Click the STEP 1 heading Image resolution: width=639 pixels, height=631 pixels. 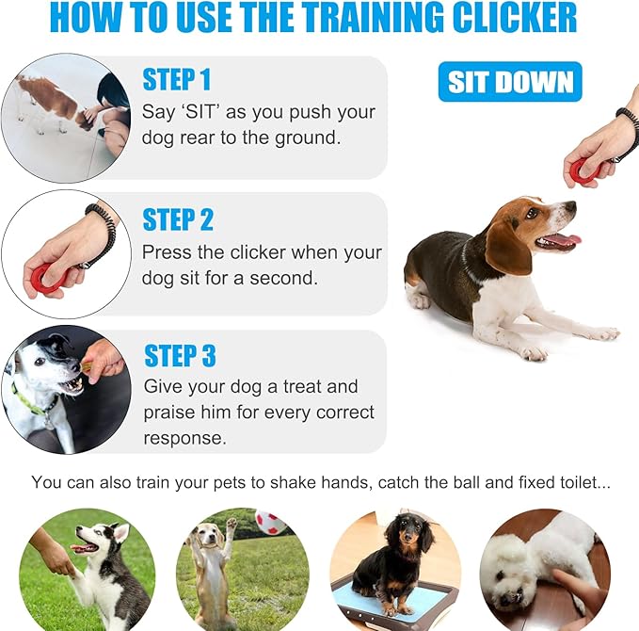pos(176,79)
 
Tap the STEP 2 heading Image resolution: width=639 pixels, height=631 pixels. pos(178,219)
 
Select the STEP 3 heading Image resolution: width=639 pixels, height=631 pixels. pos(180,356)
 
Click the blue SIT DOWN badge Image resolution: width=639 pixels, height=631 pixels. pos(509,82)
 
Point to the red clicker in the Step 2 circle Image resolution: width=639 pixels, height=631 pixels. pos(42,276)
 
